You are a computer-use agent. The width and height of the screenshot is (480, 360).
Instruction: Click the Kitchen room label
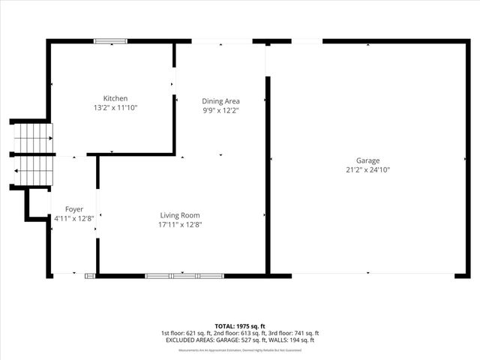tap(115, 98)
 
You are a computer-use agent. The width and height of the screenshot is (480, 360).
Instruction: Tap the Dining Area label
tap(220, 100)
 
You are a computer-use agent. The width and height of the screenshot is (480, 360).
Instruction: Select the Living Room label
tap(180, 215)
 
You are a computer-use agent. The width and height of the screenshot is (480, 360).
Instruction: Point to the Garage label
tap(367, 160)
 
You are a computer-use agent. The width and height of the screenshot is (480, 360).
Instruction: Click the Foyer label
tap(74, 209)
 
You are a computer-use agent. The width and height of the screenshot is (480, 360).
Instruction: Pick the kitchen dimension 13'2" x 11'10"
tap(115, 108)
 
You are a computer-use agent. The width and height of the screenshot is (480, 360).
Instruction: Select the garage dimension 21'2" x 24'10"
tap(367, 170)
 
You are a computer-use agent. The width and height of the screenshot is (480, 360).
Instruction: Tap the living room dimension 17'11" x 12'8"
tap(180, 224)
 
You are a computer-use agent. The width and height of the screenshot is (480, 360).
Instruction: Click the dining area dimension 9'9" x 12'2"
tap(220, 110)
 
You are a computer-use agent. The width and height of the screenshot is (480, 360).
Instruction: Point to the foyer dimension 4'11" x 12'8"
tap(73, 219)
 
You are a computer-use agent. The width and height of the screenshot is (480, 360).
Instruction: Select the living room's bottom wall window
tap(184, 276)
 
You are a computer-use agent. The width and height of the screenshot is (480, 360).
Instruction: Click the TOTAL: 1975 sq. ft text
tap(239, 326)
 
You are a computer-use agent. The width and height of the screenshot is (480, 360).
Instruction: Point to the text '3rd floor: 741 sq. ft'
tap(294, 333)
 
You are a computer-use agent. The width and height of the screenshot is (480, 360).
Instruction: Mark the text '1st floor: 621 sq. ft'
tap(186, 333)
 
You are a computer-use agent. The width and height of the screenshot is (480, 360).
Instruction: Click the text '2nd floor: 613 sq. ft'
tap(239, 333)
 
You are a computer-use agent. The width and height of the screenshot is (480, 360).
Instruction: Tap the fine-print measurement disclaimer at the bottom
tap(239, 350)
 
